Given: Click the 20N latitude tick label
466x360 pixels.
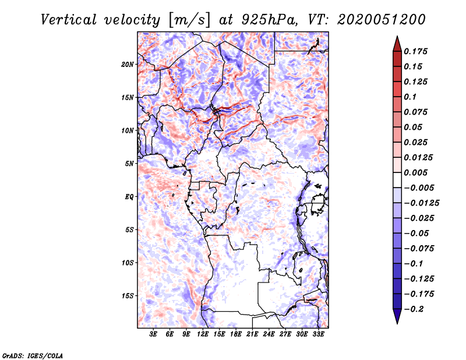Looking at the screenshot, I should (x=128, y=64).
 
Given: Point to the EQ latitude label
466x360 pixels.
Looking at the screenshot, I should (x=129, y=197).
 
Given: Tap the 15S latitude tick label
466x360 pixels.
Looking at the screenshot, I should (x=128, y=296).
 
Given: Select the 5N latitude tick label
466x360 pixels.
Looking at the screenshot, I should (x=129, y=164).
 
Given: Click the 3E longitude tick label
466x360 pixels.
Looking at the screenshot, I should (x=153, y=334).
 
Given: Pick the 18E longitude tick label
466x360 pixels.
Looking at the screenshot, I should (x=235, y=334).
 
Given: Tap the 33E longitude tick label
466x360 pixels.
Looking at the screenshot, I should (x=318, y=334).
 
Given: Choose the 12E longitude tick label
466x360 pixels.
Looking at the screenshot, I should (x=203, y=334).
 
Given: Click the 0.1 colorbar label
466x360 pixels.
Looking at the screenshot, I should (x=410, y=97).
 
